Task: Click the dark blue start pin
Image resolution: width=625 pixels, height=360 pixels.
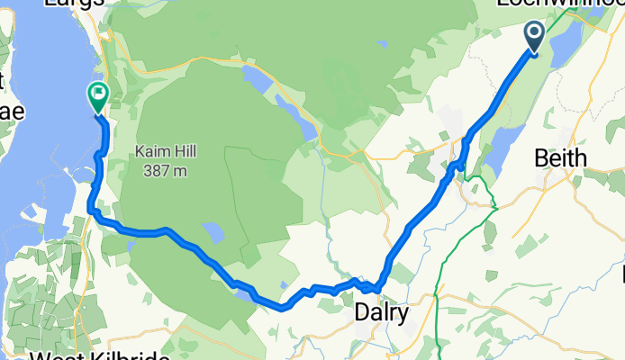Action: (533, 39)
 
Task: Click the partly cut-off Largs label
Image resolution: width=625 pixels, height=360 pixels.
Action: (76, 4)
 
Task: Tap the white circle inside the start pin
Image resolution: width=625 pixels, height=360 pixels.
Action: (533, 34)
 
